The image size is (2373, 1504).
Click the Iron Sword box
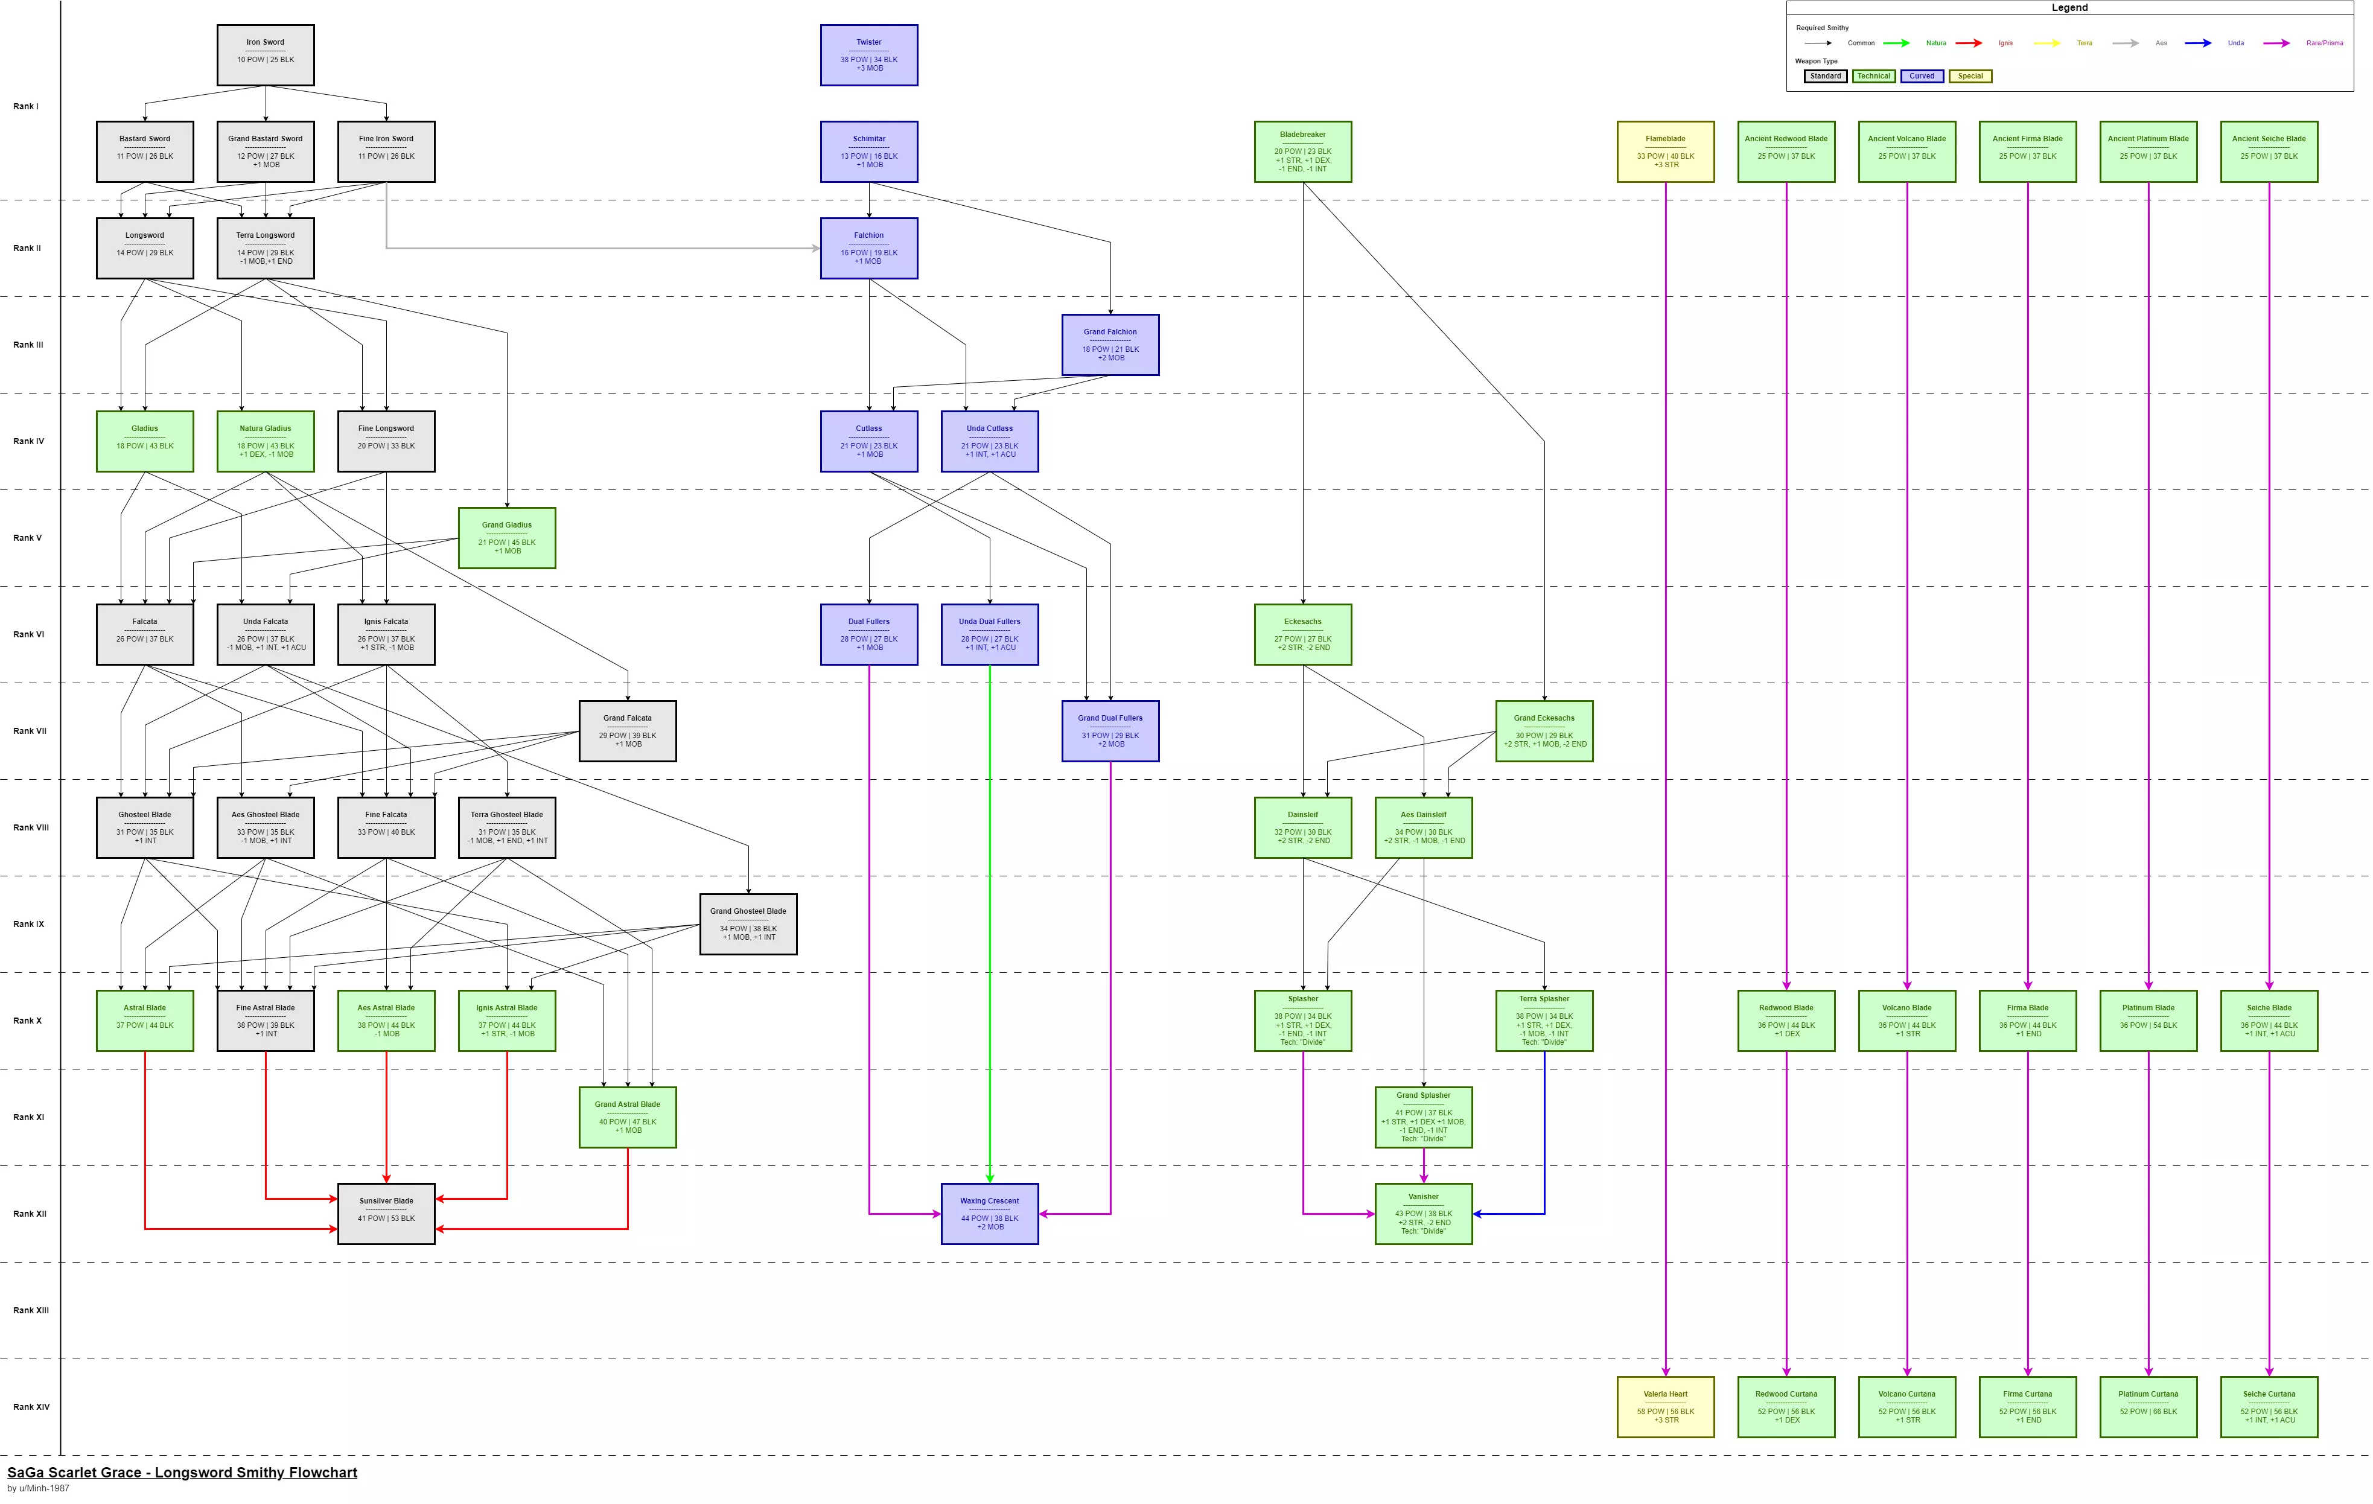tap(265, 55)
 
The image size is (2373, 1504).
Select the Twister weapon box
tap(868, 55)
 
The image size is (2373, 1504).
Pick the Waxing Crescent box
tap(989, 1213)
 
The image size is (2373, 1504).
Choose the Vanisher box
tap(1423, 1213)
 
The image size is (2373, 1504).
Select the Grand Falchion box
tap(1110, 345)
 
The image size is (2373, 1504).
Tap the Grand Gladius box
tap(506, 538)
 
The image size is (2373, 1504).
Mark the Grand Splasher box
tap(1423, 1117)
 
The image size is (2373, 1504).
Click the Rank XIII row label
tap(31, 1310)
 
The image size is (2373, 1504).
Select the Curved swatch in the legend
tap(1922, 76)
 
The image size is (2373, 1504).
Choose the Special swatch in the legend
tap(1970, 76)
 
